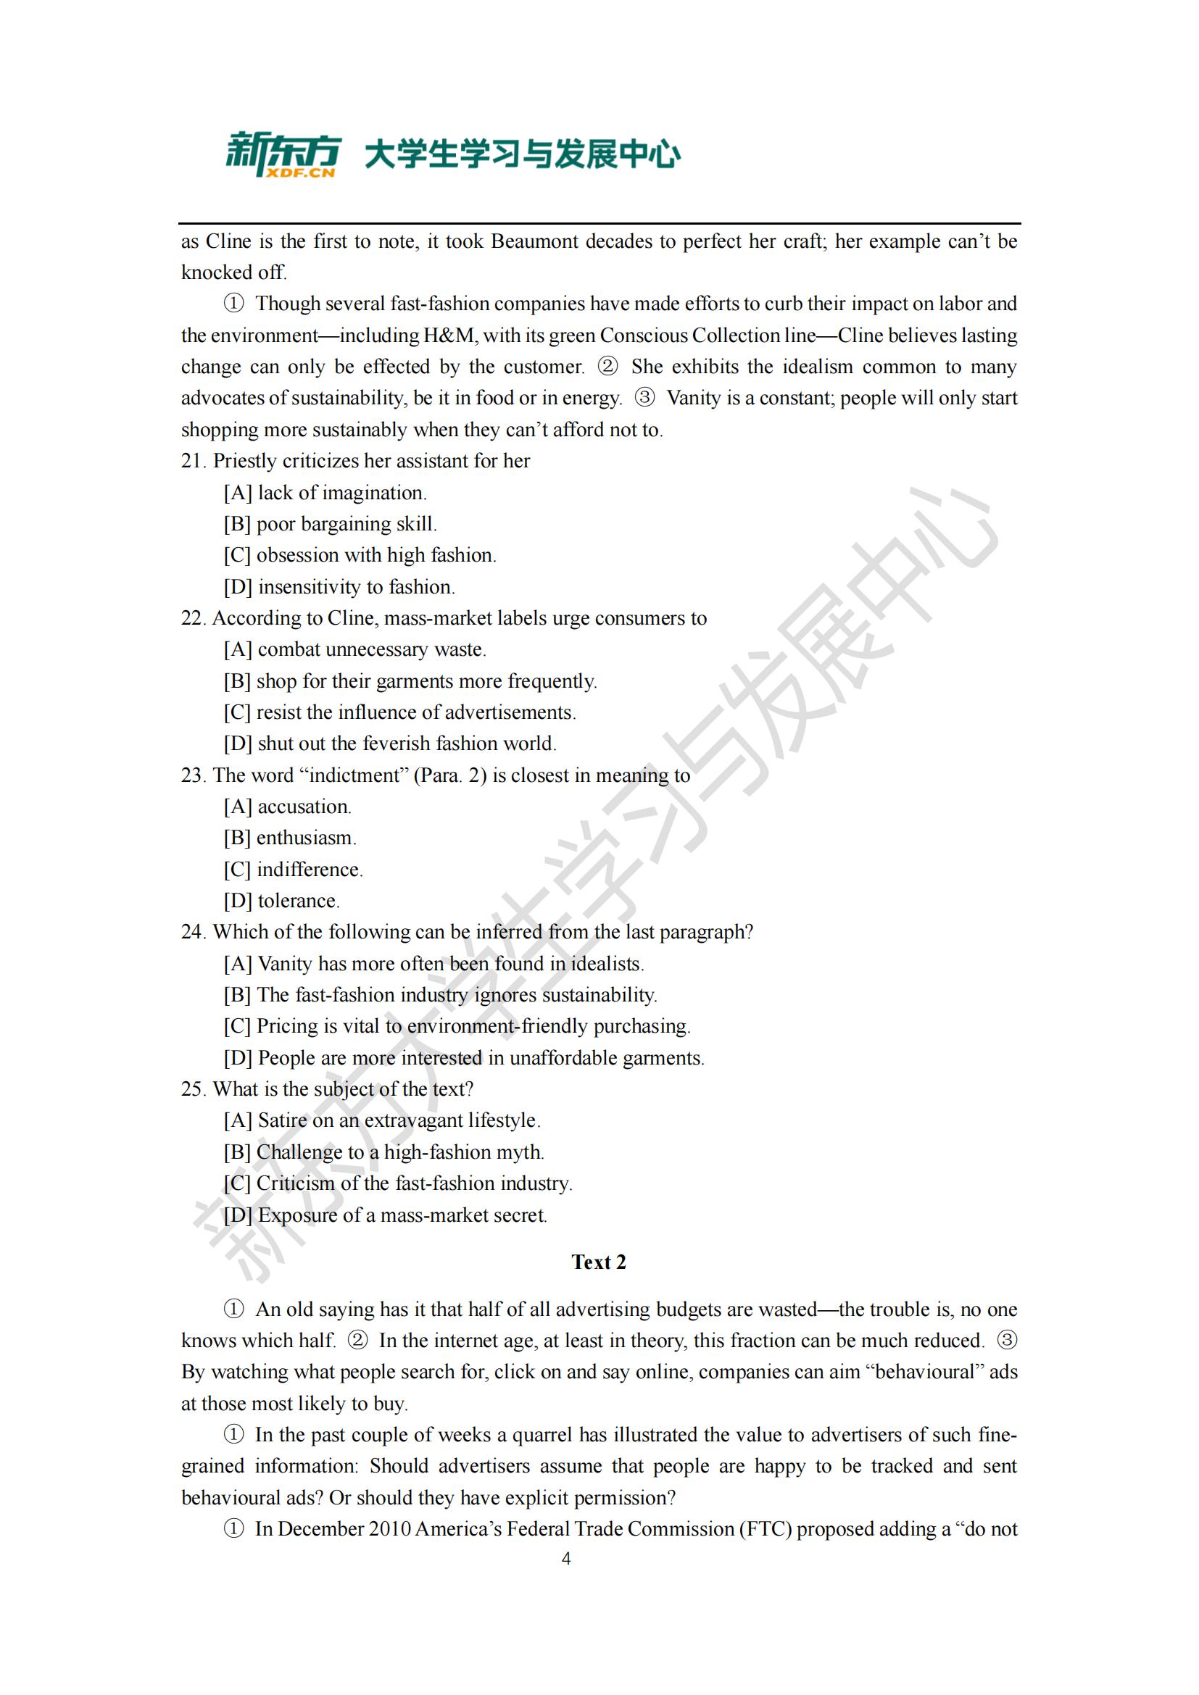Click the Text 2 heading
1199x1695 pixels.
coord(598,1262)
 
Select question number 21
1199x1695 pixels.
coord(193,461)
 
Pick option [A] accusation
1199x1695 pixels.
coord(287,806)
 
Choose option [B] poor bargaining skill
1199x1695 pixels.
coord(330,523)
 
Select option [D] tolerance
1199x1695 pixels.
coord(281,901)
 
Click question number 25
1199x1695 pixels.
coord(193,1089)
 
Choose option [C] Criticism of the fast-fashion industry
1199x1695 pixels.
coord(398,1183)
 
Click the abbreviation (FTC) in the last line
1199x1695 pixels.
coord(765,1528)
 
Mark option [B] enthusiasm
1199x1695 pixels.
coord(289,838)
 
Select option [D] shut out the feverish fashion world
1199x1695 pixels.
coord(390,744)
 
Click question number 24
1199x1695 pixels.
coord(193,932)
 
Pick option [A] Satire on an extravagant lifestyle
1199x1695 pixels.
coord(382,1120)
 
